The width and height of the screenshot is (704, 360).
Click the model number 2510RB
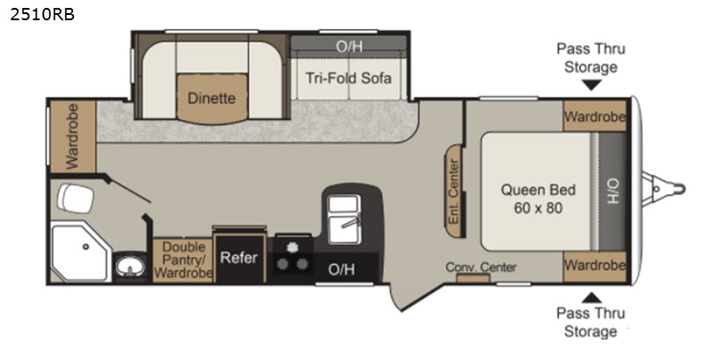(42, 15)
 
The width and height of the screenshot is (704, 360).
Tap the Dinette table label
(211, 98)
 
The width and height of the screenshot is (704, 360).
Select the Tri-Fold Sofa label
(348, 78)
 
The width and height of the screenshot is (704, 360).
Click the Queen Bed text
(538, 189)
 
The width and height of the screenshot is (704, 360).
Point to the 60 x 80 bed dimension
(538, 208)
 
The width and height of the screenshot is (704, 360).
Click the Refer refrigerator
(239, 257)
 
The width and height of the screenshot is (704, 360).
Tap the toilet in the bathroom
(75, 197)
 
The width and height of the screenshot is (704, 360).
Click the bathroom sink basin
(130, 267)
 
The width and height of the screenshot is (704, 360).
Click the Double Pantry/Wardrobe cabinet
(183, 261)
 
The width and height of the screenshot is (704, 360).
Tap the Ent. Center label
(454, 191)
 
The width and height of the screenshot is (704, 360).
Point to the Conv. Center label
(480, 267)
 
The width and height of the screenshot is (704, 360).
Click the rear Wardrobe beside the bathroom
(72, 136)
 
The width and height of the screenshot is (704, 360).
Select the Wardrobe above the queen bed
(595, 116)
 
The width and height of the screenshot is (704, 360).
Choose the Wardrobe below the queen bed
(595, 266)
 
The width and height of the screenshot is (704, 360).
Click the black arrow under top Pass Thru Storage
(590, 84)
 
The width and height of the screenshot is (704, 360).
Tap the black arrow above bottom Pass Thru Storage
(591, 297)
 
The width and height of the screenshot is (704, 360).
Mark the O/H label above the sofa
(348, 46)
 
